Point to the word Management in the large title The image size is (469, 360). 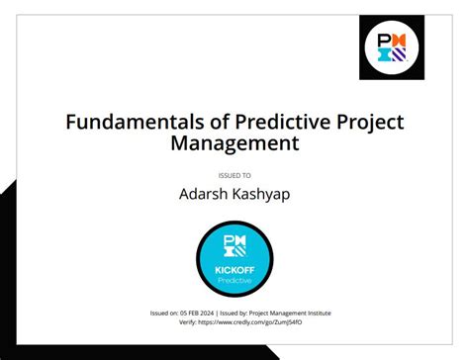[x=234, y=144]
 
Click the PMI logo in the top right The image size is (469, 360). [x=391, y=47]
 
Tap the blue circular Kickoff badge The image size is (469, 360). [x=234, y=260]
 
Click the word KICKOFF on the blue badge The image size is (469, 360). [x=234, y=269]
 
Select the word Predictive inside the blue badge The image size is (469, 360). [x=234, y=280]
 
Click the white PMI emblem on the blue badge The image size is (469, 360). [x=234, y=246]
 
